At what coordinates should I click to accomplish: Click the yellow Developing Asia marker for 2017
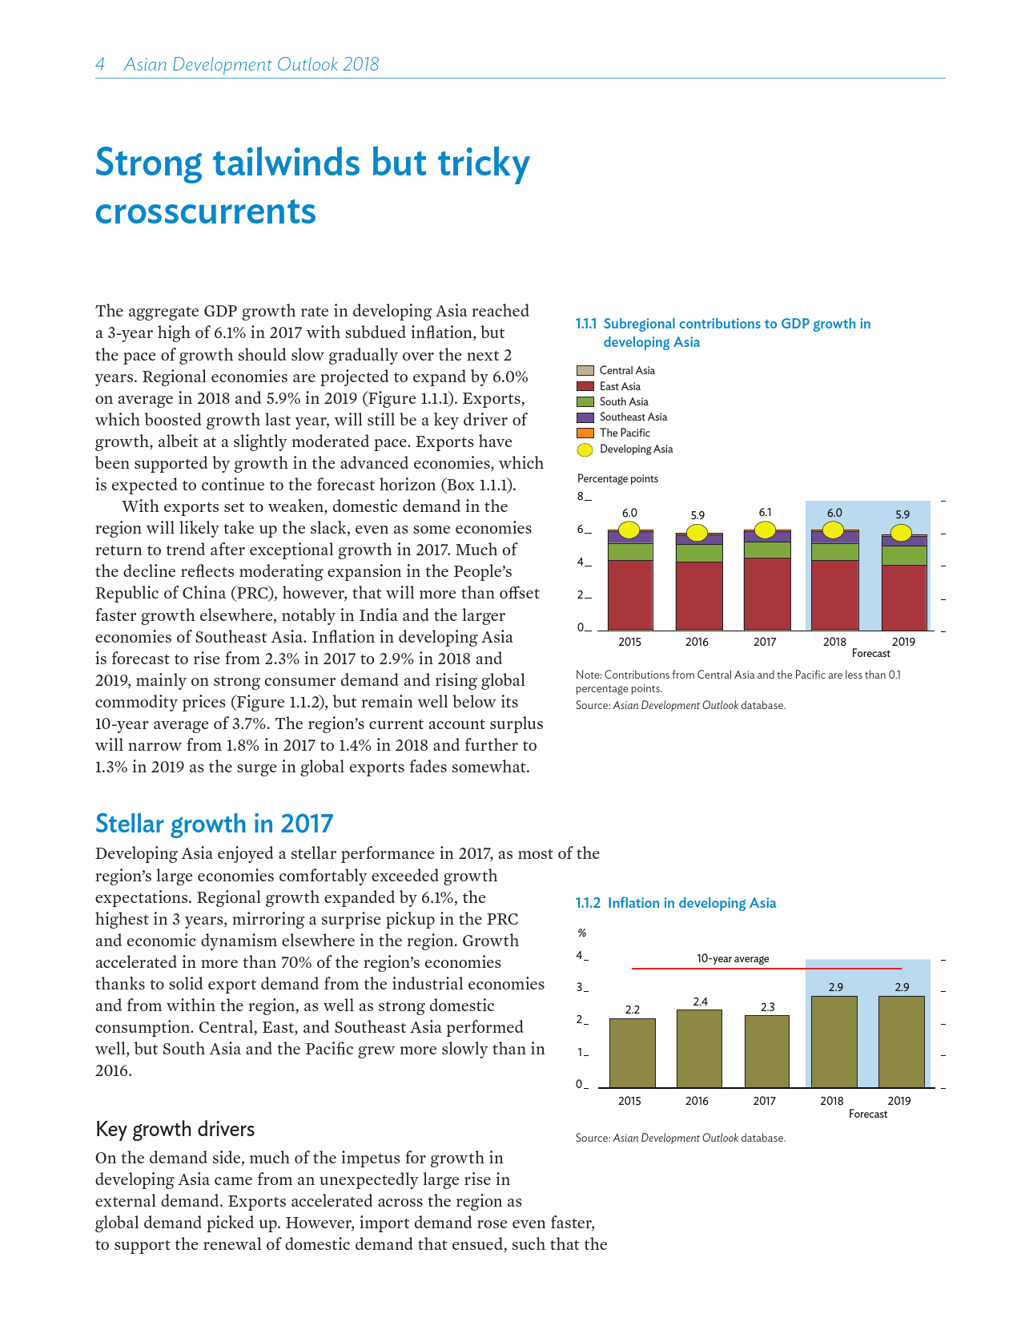(x=766, y=530)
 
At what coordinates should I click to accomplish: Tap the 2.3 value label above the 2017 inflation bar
(x=767, y=1007)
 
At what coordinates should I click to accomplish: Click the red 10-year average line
(x=766, y=969)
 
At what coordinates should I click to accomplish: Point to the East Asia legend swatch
(x=585, y=386)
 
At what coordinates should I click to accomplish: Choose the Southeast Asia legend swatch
(x=585, y=417)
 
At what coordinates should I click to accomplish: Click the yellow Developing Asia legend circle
(x=585, y=449)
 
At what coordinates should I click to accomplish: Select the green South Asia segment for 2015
(x=630, y=551)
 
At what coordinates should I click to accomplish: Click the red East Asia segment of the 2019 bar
(x=904, y=597)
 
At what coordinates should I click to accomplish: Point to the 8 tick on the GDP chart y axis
(x=581, y=498)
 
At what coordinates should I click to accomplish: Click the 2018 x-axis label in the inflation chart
(x=832, y=1101)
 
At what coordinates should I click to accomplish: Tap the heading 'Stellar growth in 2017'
(x=214, y=824)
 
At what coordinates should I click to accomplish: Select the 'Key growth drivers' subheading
(x=175, y=1130)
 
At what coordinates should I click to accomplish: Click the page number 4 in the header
(x=100, y=65)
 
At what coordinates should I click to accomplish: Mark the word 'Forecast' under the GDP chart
(x=870, y=654)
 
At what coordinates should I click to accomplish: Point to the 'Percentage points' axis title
(x=617, y=479)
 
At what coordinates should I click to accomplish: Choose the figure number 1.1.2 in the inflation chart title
(x=588, y=903)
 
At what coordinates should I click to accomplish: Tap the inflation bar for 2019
(x=902, y=1042)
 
